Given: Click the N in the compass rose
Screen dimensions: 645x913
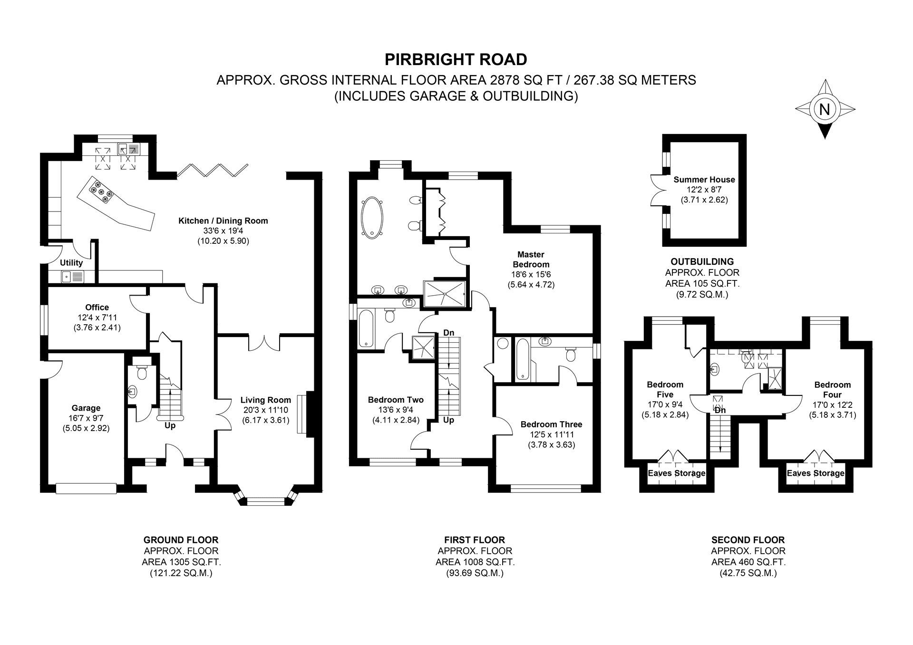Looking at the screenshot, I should point(825,109).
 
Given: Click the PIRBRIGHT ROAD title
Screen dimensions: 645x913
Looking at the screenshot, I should point(456,59).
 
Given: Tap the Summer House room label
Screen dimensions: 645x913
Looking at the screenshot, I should point(704,180).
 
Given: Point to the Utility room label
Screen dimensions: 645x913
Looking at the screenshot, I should point(71,263).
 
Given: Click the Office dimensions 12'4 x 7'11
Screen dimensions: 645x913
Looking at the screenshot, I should point(97,318).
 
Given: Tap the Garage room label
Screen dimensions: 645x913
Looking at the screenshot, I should point(86,408).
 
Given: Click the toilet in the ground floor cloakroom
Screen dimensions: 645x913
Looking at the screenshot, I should point(141,371).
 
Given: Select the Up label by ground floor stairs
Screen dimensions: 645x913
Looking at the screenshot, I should point(170,426).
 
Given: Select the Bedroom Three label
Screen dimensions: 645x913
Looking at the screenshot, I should point(551,424).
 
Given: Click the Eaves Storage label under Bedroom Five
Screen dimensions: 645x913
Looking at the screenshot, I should point(676,473).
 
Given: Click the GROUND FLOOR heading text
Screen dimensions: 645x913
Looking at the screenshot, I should point(181,540).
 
